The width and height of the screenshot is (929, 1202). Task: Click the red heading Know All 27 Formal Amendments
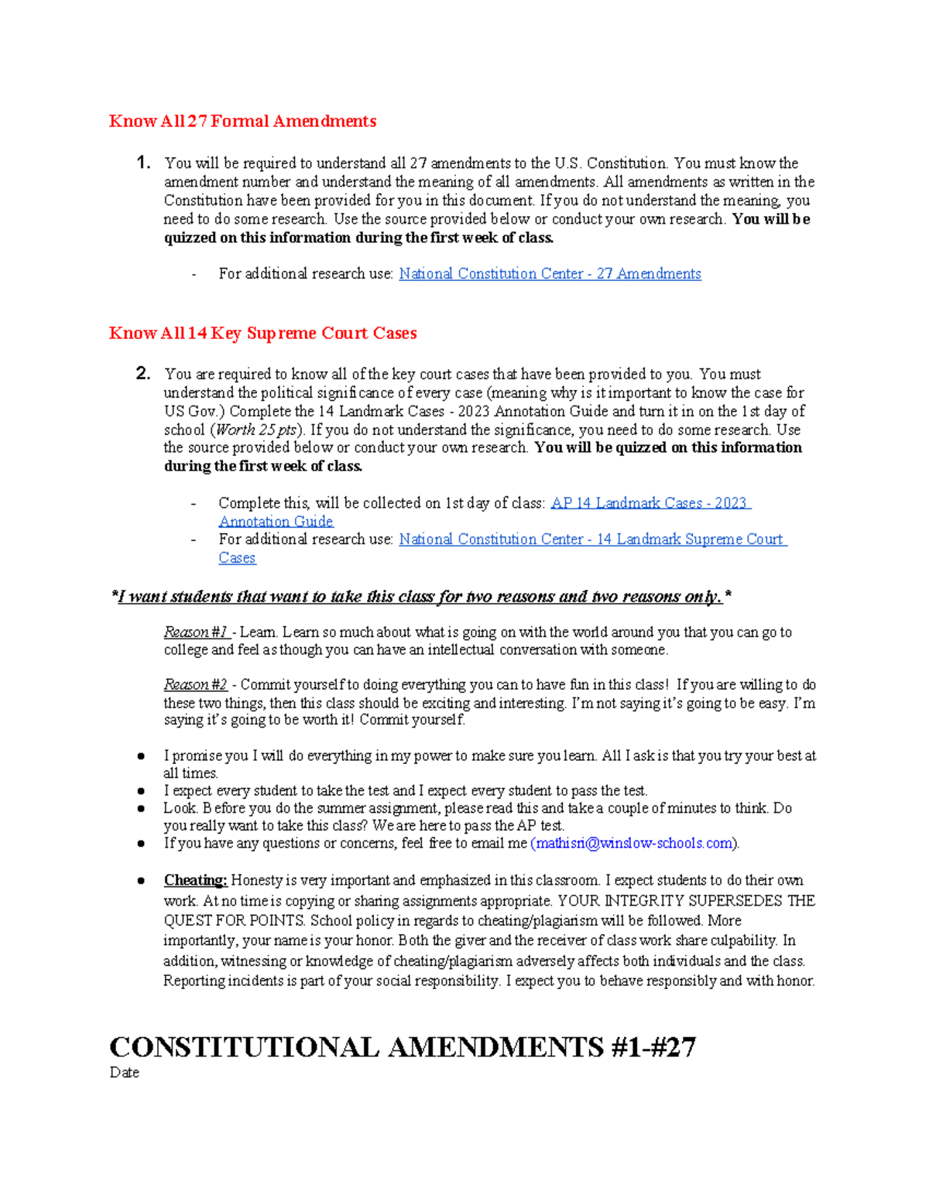tap(242, 122)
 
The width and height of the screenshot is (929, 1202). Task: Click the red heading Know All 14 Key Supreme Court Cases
tap(262, 334)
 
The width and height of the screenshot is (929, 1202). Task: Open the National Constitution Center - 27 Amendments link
tap(550, 274)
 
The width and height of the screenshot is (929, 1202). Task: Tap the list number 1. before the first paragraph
tap(142, 163)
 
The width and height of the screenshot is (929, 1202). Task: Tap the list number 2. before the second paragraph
tap(142, 374)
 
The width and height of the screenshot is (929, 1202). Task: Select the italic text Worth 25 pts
tap(255, 430)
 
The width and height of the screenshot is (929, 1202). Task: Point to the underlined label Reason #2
tap(196, 685)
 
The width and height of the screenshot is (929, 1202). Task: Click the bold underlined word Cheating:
tap(195, 881)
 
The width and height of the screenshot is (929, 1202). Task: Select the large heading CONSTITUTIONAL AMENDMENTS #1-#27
tap(403, 1047)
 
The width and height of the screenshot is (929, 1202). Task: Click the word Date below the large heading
tap(125, 1073)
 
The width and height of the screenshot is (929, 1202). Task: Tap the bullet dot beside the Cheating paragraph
tap(141, 881)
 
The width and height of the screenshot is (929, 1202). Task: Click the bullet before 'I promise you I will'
tap(141, 756)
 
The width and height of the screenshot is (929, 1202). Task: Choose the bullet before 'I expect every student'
tap(141, 791)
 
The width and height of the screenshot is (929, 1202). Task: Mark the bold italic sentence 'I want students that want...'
tap(422, 597)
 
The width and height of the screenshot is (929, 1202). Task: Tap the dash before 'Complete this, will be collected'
tap(194, 504)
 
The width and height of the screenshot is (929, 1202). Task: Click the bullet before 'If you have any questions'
tap(141, 844)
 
